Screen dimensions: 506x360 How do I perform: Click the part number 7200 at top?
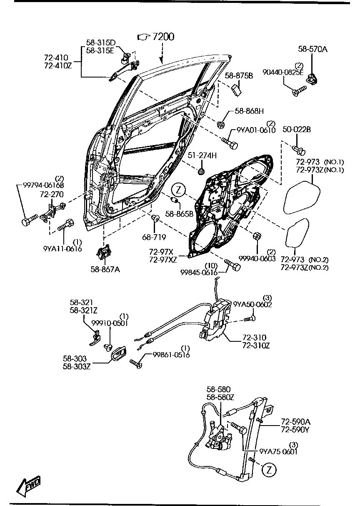pyautogui.click(x=163, y=37)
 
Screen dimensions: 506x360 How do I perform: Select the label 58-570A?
pyautogui.click(x=312, y=49)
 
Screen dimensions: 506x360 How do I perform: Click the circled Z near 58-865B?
pyautogui.click(x=178, y=189)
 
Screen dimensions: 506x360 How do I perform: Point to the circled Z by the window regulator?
pyautogui.click(x=270, y=470)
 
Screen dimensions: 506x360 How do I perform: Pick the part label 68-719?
pyautogui.click(x=154, y=237)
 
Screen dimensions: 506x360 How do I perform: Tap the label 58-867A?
pyautogui.click(x=105, y=269)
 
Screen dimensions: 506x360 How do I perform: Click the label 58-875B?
pyautogui.click(x=239, y=76)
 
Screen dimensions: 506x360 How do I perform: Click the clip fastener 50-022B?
pyautogui.click(x=299, y=148)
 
